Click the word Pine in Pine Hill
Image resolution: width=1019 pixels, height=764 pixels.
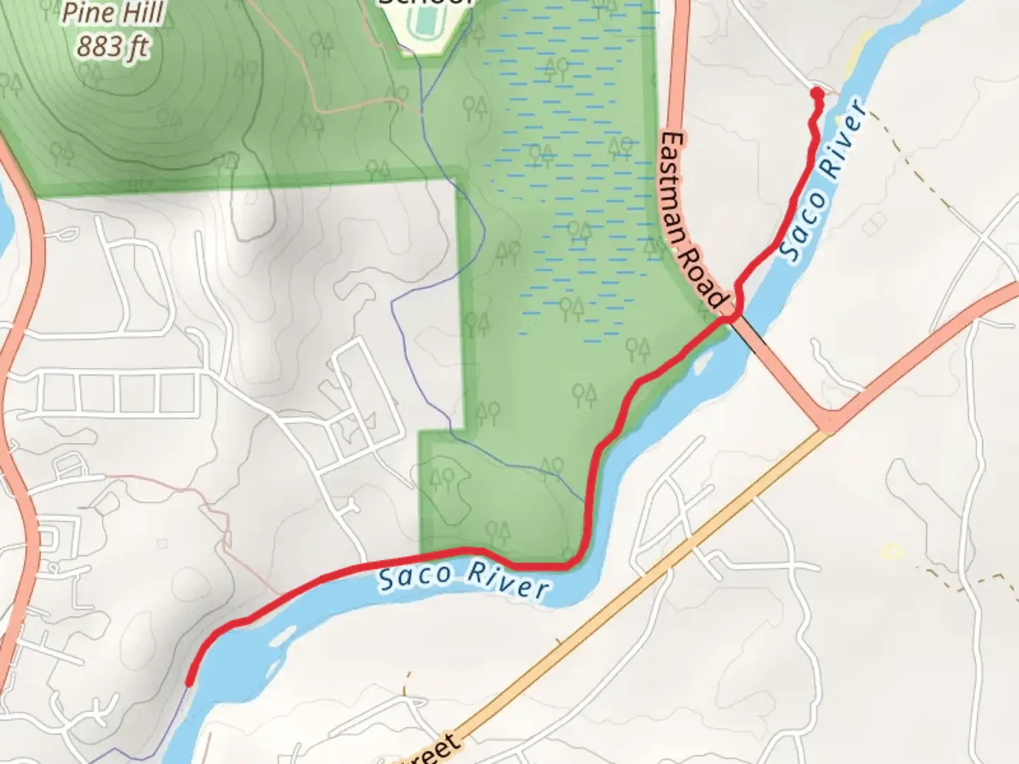[87, 13]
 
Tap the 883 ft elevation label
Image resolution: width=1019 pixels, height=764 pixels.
[113, 47]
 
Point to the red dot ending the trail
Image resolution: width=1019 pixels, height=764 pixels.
[817, 93]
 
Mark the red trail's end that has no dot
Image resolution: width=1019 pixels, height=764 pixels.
[189, 682]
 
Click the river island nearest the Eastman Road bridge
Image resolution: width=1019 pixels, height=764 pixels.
[703, 364]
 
